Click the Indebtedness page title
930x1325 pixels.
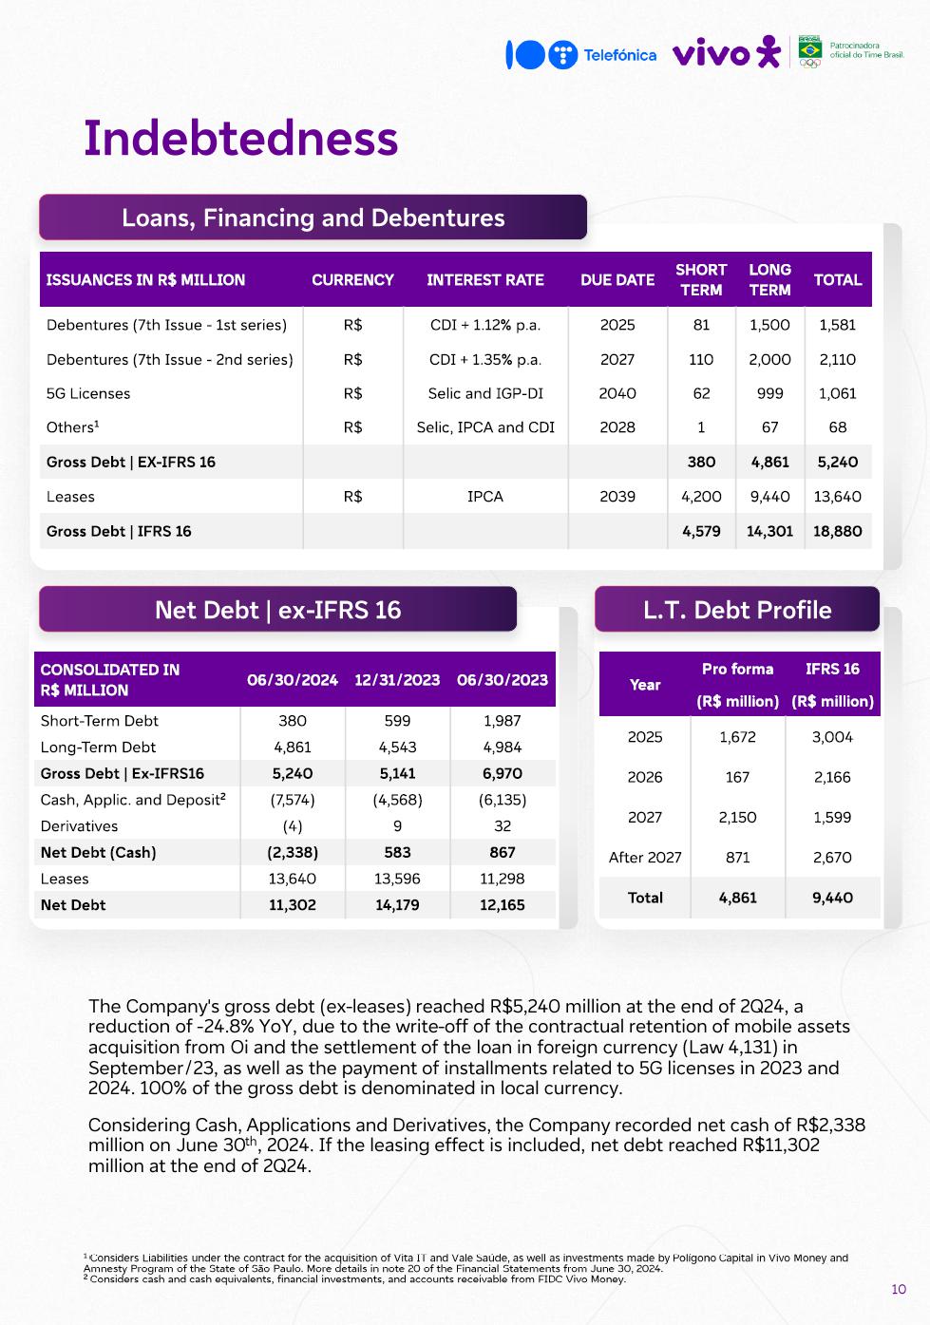pos(240,138)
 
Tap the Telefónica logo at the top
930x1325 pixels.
pos(580,55)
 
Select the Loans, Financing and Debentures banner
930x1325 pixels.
pos(313,218)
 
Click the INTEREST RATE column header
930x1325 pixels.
pos(484,280)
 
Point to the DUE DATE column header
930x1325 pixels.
pos(617,280)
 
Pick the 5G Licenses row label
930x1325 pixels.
pos(88,393)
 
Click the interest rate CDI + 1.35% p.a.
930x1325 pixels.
pos(484,359)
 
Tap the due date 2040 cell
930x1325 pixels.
pos(617,393)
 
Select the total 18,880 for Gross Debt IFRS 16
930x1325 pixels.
pos(837,531)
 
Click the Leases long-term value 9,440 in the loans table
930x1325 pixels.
pos(769,496)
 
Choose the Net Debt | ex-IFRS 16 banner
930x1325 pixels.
pos(277,610)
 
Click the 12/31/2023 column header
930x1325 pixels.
pos(397,680)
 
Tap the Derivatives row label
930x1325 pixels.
pos(79,826)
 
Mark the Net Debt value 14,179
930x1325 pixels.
pos(397,905)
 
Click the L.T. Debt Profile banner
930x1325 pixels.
pos(736,610)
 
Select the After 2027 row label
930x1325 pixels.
pos(645,858)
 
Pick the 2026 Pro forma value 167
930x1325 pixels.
pos(737,777)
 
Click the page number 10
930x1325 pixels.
pos(899,1289)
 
